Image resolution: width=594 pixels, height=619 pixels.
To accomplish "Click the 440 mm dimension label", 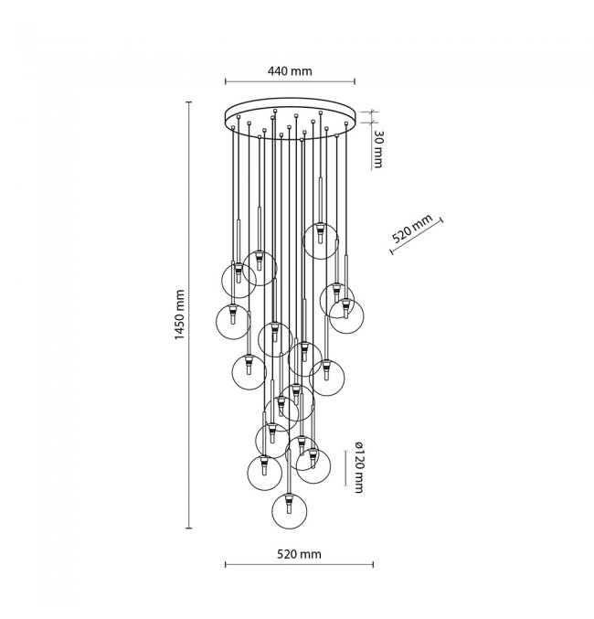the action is [290, 71].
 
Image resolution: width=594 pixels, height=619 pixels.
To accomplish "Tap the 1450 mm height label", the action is [179, 315].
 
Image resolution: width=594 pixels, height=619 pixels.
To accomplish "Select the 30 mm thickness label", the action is [377, 149].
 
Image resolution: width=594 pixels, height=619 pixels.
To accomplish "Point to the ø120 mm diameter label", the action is [359, 468].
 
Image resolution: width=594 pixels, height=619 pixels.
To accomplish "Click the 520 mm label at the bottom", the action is [299, 554].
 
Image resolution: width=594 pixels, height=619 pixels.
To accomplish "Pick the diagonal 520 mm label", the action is [412, 229].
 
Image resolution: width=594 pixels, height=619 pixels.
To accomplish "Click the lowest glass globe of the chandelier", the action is [290, 511].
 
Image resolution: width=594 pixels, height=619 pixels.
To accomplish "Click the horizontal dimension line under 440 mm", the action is [290, 81].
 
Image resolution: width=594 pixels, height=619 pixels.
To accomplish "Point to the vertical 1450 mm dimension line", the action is [189, 315].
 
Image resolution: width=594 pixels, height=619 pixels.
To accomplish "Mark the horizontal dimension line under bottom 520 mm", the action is [299, 565].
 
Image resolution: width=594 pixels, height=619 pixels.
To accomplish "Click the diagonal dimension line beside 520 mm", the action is [417, 236].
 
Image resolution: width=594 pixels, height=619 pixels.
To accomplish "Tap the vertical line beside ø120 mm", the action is [345, 468].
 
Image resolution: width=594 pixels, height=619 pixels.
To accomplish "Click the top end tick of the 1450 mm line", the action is [189, 101].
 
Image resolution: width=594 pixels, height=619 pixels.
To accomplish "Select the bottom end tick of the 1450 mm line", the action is [189, 528].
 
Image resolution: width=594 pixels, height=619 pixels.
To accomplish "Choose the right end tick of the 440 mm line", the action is [355, 81].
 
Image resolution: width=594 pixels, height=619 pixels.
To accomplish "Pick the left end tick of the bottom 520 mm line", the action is [226, 565].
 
